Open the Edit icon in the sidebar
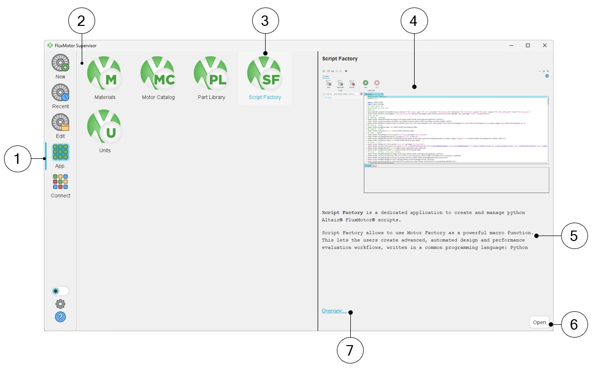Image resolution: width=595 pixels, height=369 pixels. [x=60, y=123]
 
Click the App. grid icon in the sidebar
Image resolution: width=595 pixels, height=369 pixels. [x=60, y=152]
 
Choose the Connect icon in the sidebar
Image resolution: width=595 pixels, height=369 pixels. [x=60, y=182]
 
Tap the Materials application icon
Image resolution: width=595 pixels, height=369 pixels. [x=105, y=73]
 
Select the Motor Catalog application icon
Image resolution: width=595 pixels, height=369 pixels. [x=158, y=73]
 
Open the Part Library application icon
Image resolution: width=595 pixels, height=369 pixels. [x=211, y=73]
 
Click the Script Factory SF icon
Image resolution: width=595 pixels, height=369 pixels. [x=265, y=73]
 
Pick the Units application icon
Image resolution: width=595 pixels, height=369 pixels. [x=105, y=126]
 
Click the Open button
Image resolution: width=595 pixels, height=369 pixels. [x=539, y=322]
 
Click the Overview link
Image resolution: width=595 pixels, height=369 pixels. [x=334, y=311]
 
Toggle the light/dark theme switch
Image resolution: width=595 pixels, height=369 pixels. [x=60, y=291]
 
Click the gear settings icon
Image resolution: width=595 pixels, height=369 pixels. [x=60, y=304]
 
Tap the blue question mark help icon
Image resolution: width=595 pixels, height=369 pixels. [x=60, y=317]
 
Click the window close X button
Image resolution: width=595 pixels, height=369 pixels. [x=545, y=45]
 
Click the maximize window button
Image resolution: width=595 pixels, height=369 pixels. [x=528, y=45]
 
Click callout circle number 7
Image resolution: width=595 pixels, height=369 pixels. [x=350, y=351]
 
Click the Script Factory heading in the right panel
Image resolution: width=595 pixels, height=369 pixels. [x=340, y=59]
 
